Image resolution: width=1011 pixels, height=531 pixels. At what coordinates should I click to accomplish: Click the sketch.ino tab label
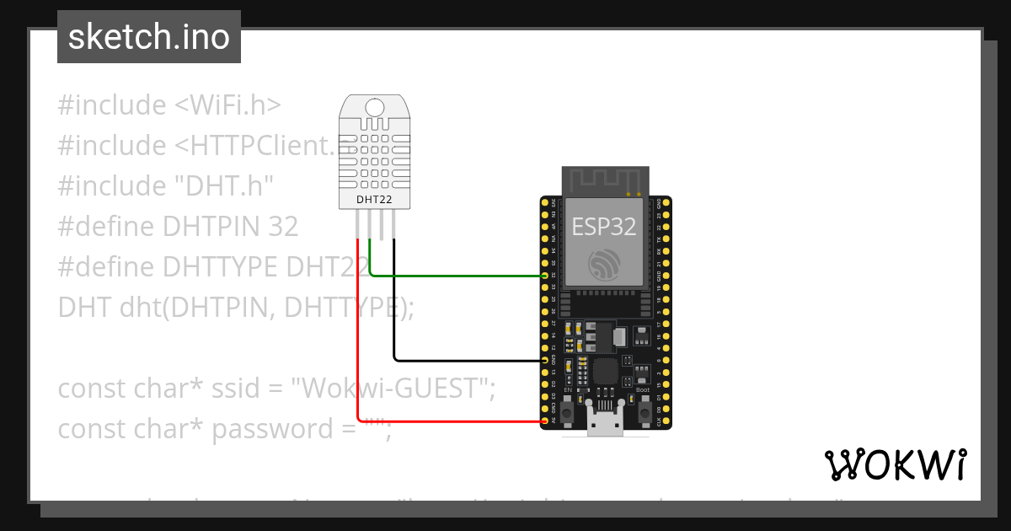(148, 37)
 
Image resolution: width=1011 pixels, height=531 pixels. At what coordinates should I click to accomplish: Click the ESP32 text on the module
(604, 227)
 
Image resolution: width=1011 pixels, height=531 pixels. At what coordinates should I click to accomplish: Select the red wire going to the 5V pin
(447, 420)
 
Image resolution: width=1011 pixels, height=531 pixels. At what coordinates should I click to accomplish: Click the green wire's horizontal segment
(455, 275)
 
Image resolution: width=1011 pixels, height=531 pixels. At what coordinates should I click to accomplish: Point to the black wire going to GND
(463, 360)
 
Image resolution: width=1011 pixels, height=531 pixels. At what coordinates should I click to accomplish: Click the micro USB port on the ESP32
(606, 424)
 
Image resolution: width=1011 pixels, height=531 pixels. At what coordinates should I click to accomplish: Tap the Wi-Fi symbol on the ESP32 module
(605, 265)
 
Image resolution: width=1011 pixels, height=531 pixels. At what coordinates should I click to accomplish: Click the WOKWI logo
(895, 464)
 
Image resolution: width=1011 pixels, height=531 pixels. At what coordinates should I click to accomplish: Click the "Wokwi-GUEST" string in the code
(393, 389)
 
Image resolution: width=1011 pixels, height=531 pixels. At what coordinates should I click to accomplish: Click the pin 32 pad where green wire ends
(545, 276)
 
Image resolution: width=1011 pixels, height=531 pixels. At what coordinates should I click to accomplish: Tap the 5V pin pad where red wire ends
(545, 420)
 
